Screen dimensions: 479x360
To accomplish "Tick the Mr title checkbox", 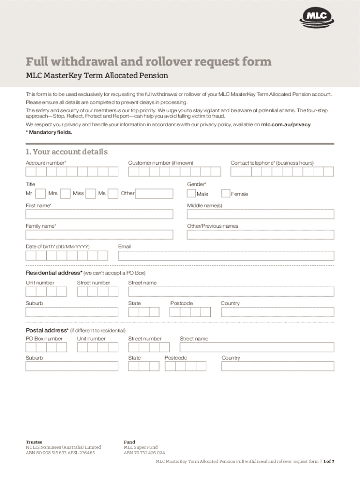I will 41,193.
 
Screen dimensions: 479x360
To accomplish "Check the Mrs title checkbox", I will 65,193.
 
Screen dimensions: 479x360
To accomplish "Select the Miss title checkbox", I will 91,193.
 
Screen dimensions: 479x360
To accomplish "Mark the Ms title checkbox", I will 113,193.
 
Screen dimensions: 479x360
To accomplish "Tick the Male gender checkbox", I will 192,194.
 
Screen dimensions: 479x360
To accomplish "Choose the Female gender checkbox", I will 226,194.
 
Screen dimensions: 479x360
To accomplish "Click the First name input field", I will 99,214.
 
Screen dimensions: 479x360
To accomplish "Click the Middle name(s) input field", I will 260,214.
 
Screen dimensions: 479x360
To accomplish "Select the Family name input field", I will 99,235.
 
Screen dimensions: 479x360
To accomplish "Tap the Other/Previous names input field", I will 260,235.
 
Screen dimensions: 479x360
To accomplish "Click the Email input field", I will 226,255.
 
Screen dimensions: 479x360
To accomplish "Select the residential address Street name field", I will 231,291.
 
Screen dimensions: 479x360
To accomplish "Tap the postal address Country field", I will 278,366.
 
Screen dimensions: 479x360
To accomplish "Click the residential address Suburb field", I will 72,312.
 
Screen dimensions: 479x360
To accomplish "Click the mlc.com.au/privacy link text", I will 285,125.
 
